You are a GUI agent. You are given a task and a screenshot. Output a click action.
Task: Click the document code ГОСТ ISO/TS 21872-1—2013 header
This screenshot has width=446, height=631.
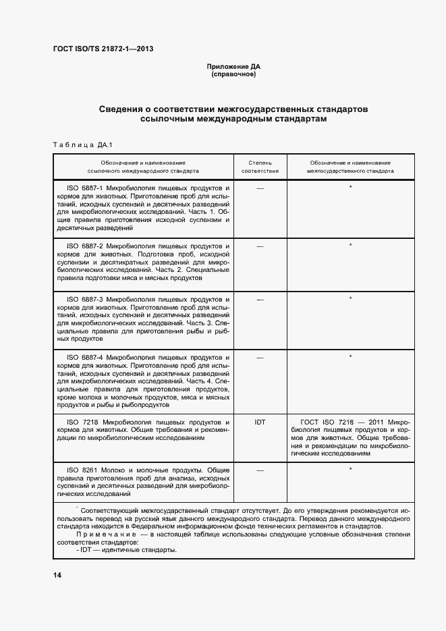[x=99, y=49]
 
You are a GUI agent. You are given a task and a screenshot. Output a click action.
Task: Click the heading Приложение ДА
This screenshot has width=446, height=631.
[x=233, y=67]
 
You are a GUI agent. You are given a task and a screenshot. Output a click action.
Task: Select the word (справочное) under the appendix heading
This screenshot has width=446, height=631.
[x=233, y=74]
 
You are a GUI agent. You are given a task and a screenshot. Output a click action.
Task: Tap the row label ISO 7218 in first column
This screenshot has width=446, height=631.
[x=80, y=421]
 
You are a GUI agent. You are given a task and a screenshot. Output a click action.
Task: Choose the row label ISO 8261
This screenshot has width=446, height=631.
[x=80, y=470]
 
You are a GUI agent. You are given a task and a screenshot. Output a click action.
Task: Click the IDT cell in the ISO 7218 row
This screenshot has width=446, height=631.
[x=260, y=422]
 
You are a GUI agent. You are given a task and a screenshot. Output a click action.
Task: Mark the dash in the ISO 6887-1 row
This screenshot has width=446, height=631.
[x=260, y=188]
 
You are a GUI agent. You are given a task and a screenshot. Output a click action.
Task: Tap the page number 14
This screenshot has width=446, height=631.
[x=57, y=574]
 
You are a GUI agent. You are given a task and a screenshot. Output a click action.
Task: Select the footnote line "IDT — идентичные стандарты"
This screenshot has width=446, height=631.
[x=127, y=550]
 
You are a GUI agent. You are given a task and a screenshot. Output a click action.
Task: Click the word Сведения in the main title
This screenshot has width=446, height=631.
[x=123, y=109]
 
